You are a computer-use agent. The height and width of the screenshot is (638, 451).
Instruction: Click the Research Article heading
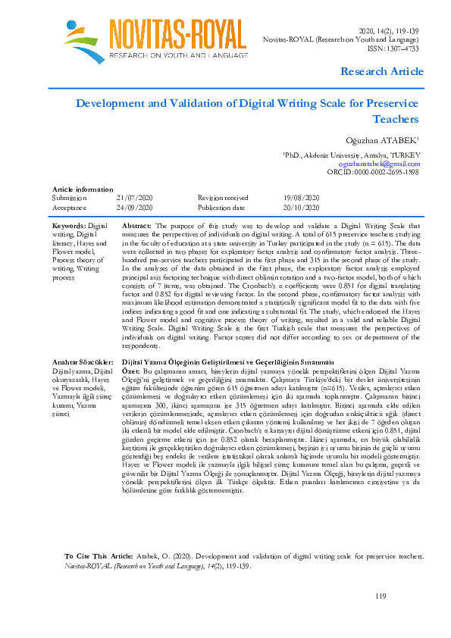[382, 71]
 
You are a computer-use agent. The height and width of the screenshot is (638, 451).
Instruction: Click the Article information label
[82, 189]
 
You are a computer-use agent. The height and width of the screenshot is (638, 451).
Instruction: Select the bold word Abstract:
[136, 226]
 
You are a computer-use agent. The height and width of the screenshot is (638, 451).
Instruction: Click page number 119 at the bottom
[381, 599]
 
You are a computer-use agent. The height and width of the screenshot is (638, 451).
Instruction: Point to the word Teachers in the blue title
[396, 119]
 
